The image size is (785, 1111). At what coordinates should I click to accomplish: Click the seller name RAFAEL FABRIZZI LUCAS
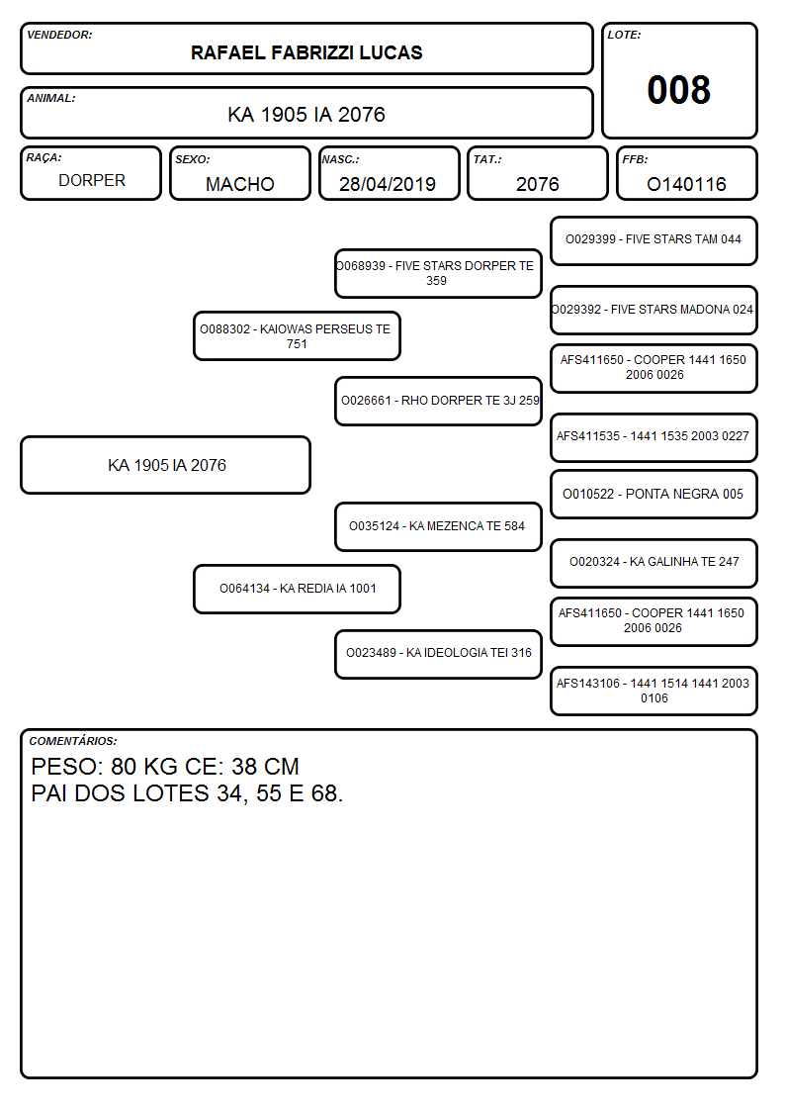tap(306, 52)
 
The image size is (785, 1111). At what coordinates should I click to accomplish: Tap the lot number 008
tap(679, 90)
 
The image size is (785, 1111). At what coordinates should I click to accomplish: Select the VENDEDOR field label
tap(59, 35)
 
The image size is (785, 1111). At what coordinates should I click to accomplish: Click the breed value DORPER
tap(92, 181)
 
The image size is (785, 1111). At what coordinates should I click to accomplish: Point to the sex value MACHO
tap(240, 184)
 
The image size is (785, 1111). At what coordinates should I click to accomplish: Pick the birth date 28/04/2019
tap(388, 184)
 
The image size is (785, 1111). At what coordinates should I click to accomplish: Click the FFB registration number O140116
tap(686, 184)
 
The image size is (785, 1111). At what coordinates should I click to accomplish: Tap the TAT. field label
tap(487, 159)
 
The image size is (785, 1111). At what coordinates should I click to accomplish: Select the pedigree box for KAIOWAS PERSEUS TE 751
tap(297, 335)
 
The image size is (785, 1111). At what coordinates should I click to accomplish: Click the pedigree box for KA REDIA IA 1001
tap(297, 589)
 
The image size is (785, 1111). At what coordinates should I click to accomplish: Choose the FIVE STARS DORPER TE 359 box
tap(438, 273)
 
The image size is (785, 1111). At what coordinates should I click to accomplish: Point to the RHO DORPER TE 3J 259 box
tap(438, 401)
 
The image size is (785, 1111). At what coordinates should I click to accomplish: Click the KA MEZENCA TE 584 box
tap(438, 526)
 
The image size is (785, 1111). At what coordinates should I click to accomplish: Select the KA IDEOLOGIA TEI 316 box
tap(438, 654)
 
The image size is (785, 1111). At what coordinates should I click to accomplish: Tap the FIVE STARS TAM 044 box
tap(654, 241)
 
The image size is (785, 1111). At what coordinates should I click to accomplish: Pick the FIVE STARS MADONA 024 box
tap(654, 310)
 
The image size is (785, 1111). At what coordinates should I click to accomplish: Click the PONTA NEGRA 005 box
tap(654, 494)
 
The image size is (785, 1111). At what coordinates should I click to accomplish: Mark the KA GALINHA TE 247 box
tap(654, 563)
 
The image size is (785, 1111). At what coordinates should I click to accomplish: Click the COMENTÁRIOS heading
tap(73, 741)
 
